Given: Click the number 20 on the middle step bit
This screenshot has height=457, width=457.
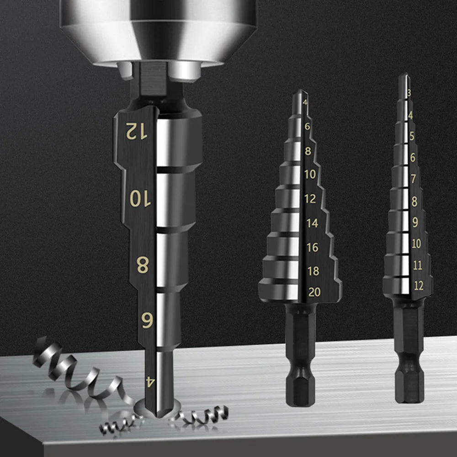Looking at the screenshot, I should (x=314, y=292).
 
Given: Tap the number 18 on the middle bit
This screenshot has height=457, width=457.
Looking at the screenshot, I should (x=314, y=271).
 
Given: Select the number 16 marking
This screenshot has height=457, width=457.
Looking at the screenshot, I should (x=313, y=247).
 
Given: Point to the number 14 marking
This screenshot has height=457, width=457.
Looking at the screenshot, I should (x=312, y=223).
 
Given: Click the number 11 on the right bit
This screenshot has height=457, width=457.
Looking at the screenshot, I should (x=417, y=265).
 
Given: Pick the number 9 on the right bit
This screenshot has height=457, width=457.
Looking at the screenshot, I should (x=415, y=223).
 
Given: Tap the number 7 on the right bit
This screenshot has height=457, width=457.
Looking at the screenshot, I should (x=414, y=179).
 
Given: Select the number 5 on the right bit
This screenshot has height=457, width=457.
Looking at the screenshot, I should (x=412, y=136).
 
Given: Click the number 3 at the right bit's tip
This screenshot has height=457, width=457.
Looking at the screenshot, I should (x=409, y=93).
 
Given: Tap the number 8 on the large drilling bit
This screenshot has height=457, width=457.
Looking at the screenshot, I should (x=142, y=265).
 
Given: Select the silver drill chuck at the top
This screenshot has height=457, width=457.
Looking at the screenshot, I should (x=158, y=27).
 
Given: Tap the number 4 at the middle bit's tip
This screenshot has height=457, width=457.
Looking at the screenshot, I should (x=305, y=102).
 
